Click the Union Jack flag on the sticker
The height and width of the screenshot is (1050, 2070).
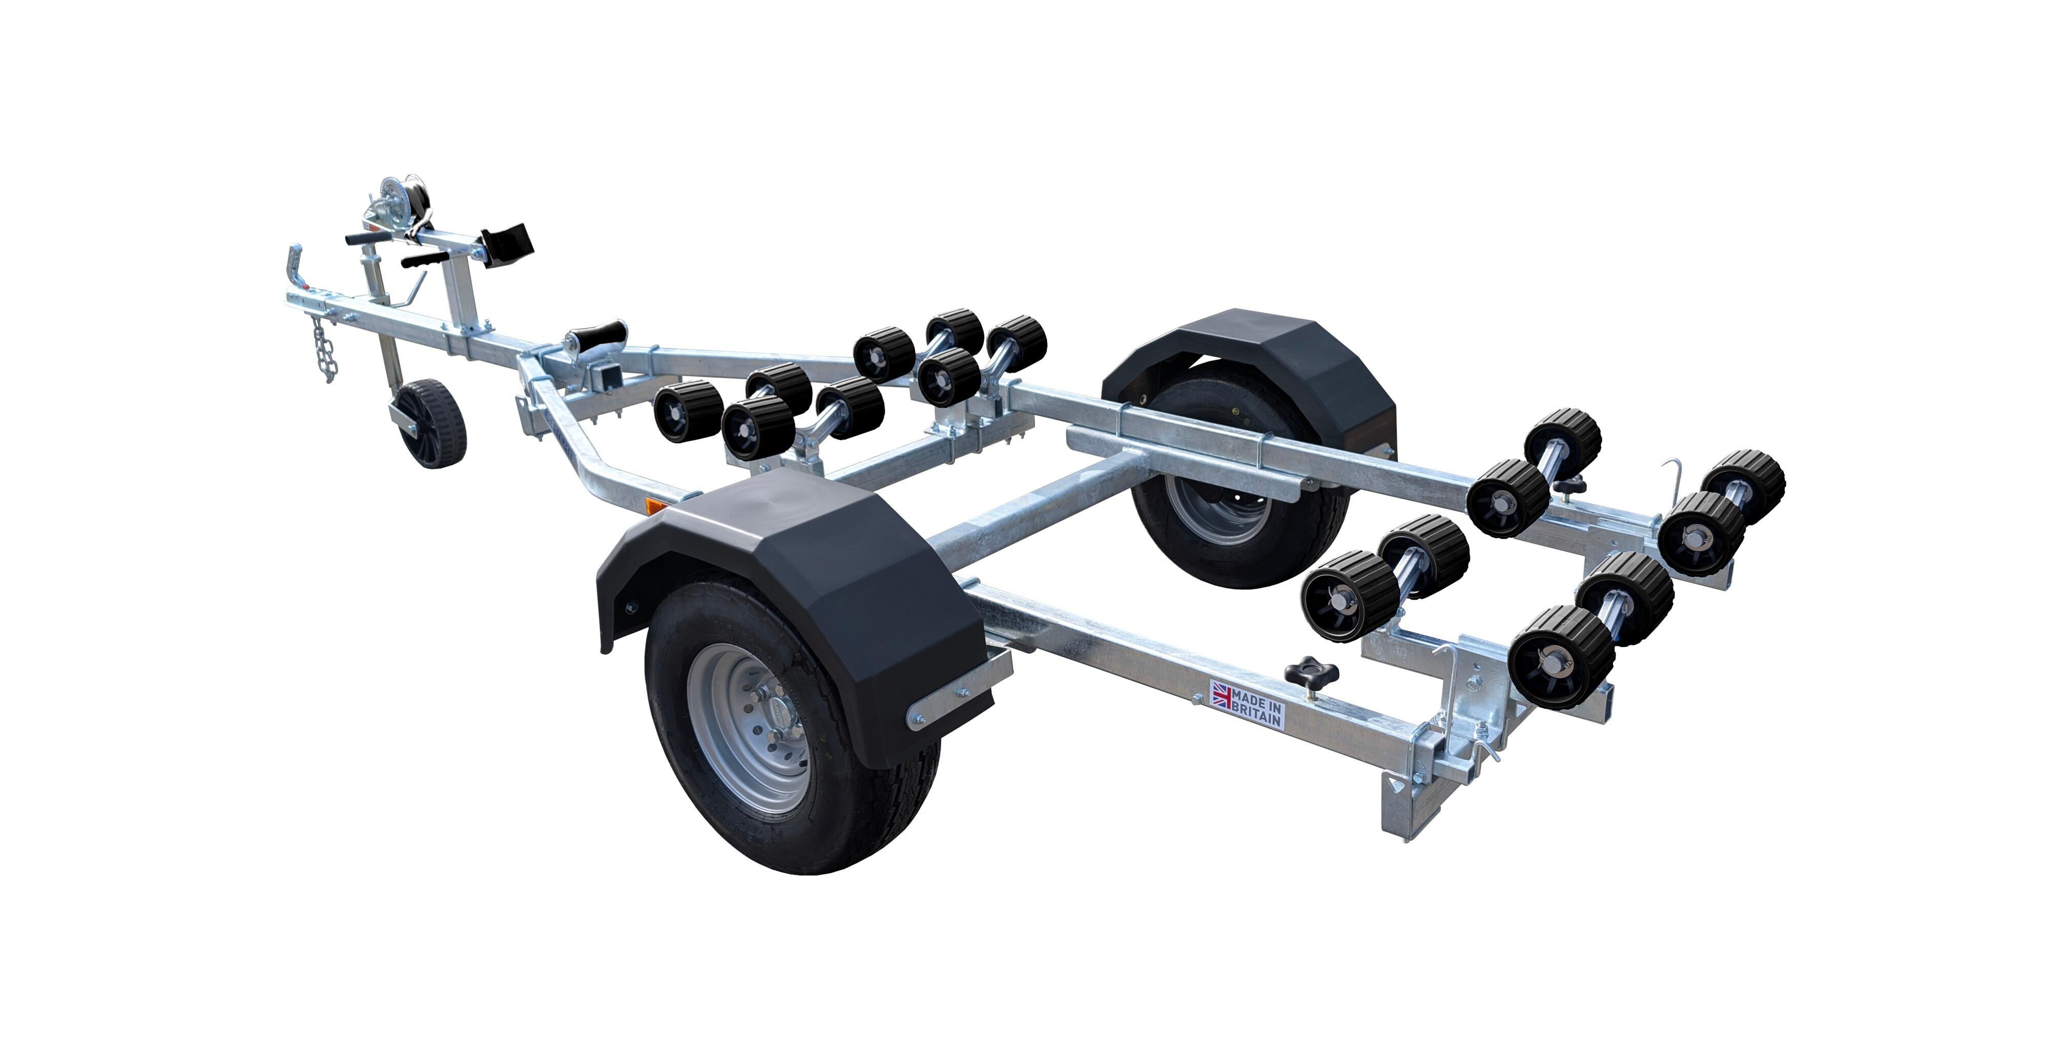[x=1222, y=694]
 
